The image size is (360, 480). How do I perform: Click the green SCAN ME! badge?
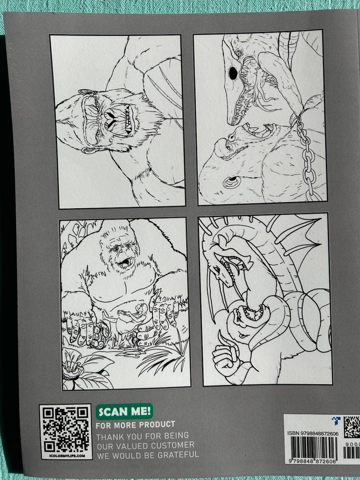(124, 411)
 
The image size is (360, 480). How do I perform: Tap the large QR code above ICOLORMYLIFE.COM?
(66, 430)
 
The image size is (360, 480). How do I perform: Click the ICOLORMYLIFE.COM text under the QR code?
(67, 456)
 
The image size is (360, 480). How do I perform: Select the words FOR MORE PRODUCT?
(135, 425)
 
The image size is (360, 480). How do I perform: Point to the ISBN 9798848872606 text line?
(313, 433)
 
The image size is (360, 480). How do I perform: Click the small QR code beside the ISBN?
(352, 427)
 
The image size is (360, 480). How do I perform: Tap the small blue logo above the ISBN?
(336, 420)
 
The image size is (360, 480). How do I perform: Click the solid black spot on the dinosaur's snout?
(233, 73)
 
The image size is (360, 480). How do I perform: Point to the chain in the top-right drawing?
(306, 157)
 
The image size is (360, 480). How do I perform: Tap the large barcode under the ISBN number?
(313, 448)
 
